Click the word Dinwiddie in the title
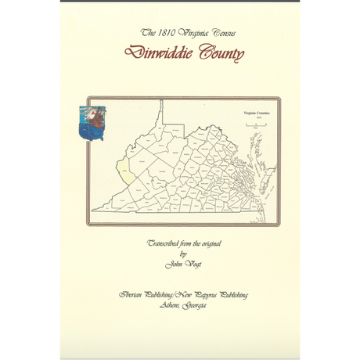(x=157, y=54)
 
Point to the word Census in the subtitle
(x=221, y=34)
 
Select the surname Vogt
(x=192, y=265)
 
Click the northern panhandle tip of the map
(x=160, y=103)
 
